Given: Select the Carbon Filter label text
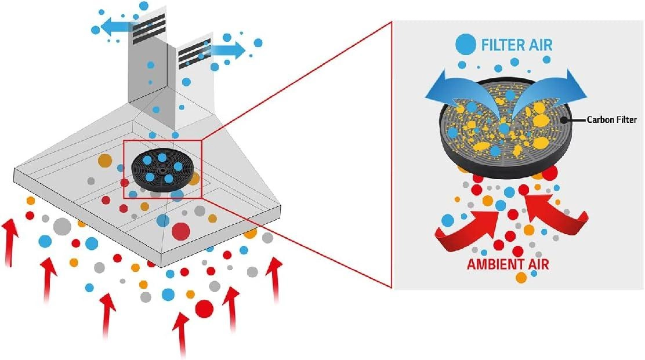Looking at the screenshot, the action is [x=612, y=120].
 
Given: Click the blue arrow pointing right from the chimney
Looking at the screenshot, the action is [x=229, y=50].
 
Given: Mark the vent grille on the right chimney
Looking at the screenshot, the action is [x=194, y=54].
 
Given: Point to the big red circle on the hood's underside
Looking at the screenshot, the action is [x=180, y=231].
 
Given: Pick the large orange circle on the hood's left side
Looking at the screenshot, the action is [x=105, y=160].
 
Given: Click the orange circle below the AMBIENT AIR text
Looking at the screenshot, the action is [x=521, y=278].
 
